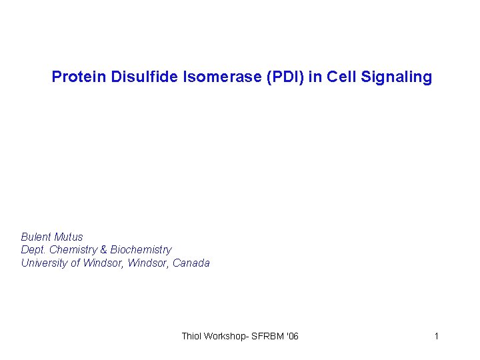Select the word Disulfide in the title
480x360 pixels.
(137, 77)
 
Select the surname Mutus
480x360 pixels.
(69, 237)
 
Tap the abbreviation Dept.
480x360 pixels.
(34, 250)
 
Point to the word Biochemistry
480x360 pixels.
(141, 250)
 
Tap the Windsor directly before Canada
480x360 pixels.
(151, 263)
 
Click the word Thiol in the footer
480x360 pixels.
(193, 336)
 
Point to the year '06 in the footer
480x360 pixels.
(292, 336)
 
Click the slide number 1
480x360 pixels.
(437, 336)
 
